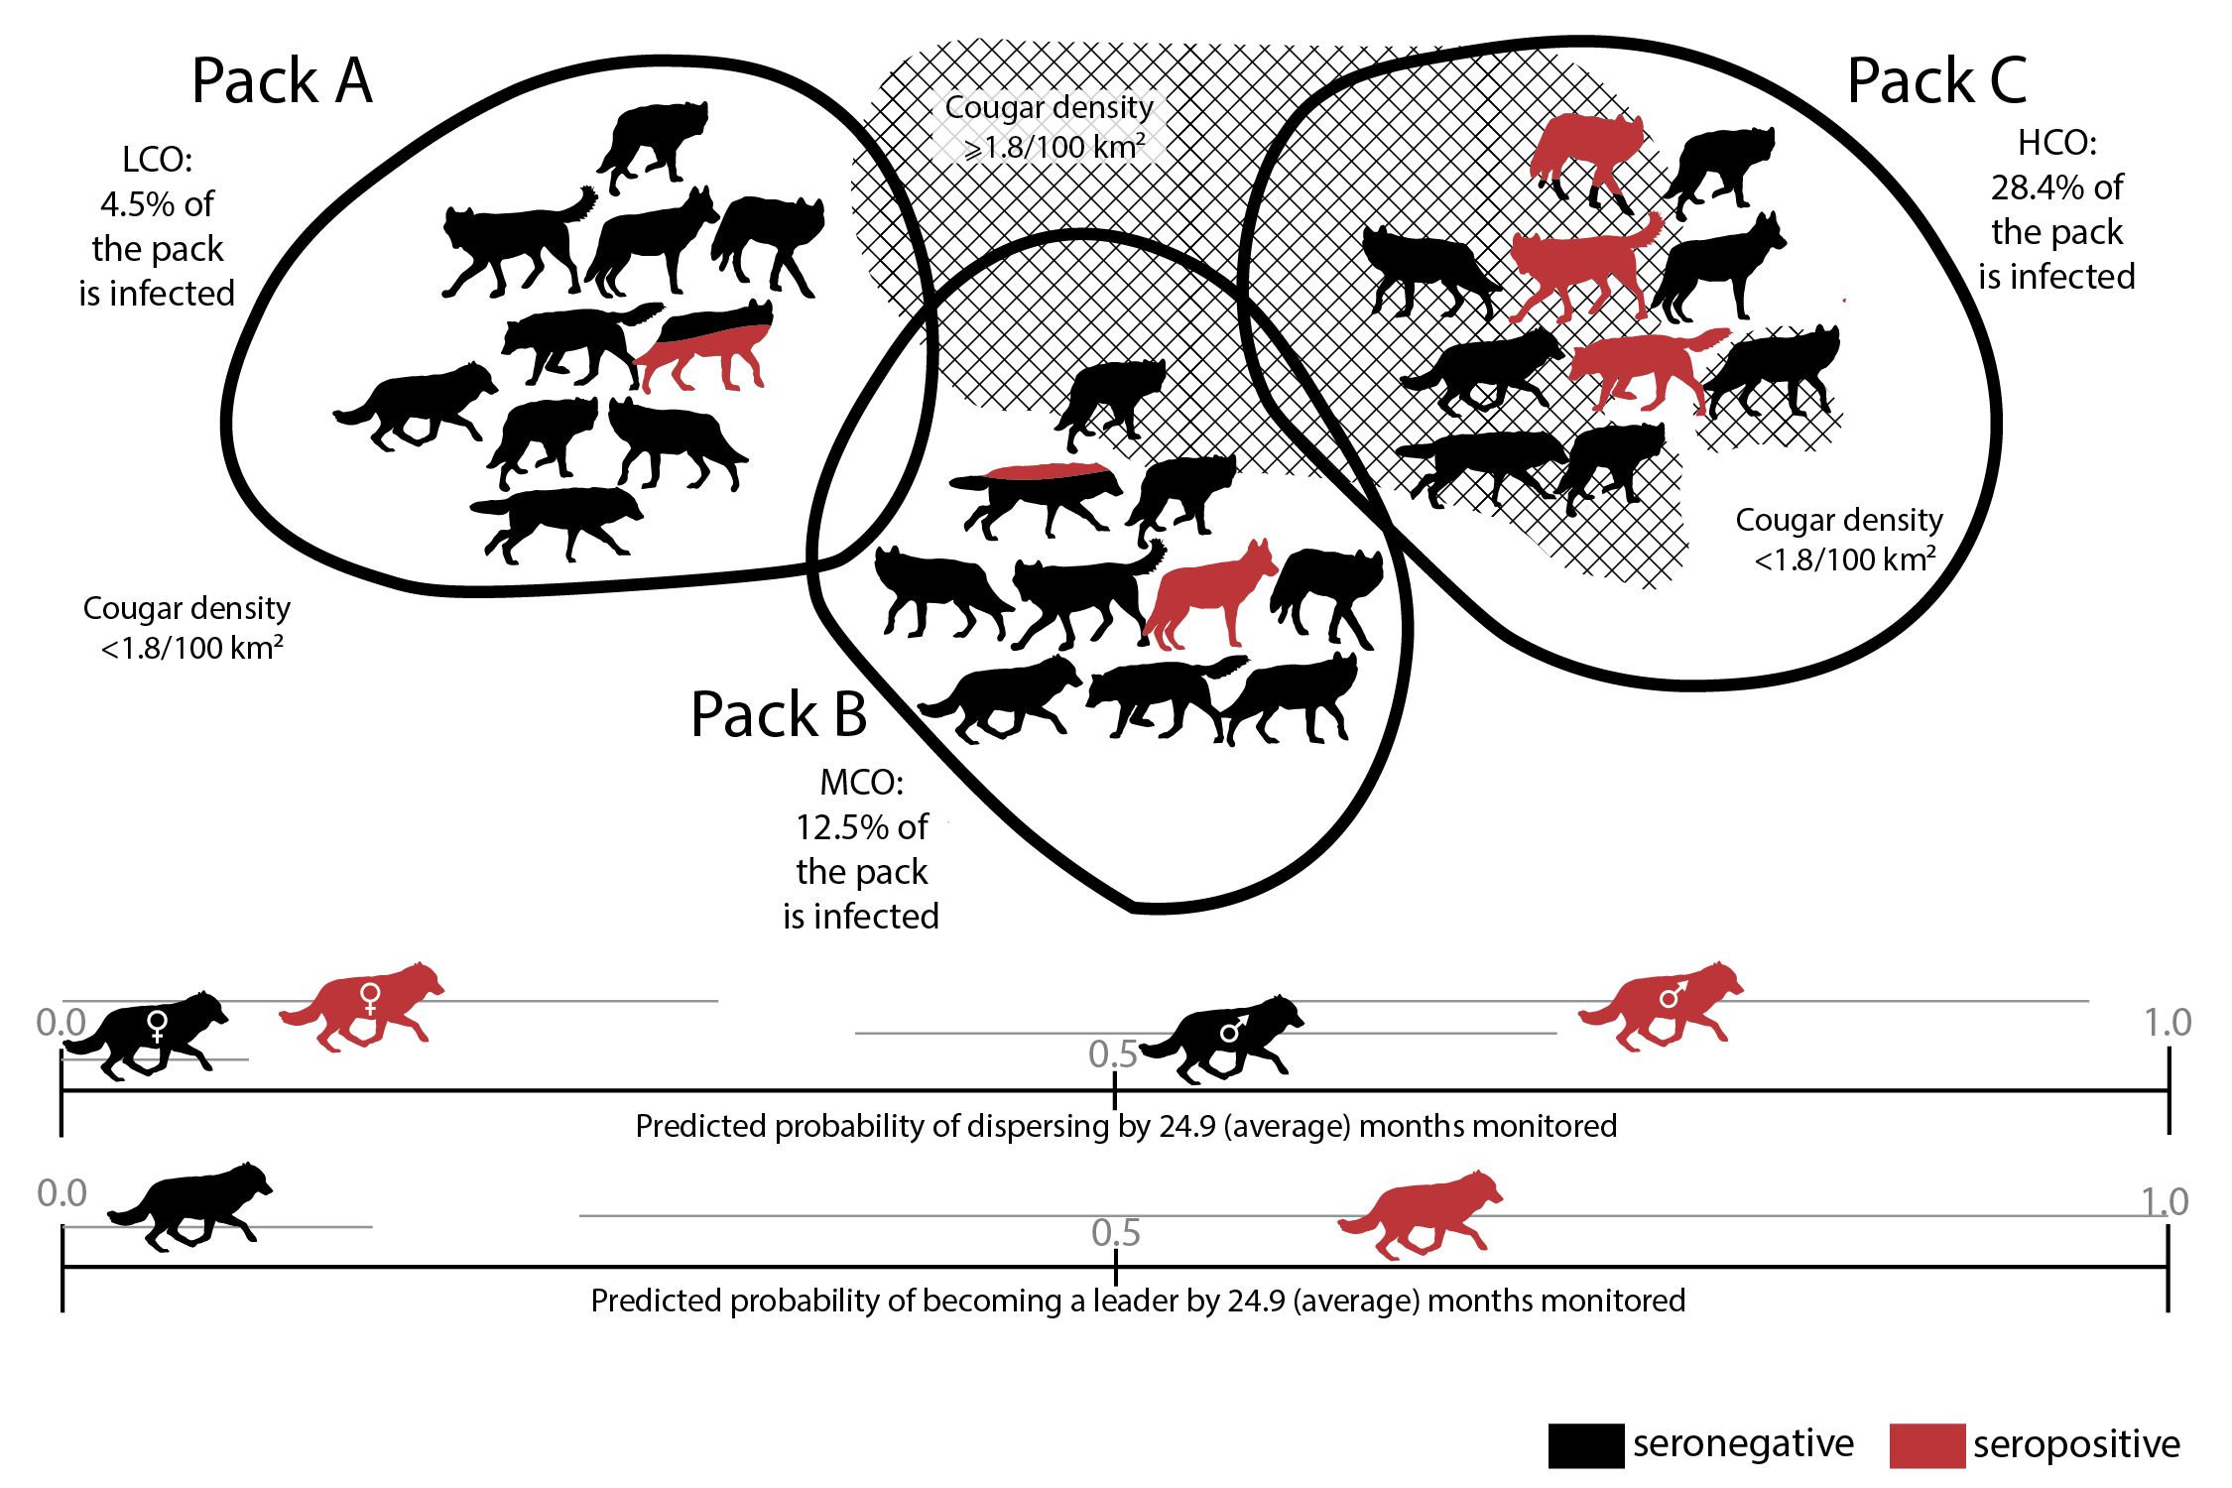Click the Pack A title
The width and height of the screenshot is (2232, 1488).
pyautogui.click(x=282, y=81)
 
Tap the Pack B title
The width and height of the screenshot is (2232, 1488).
pyautogui.click(x=779, y=715)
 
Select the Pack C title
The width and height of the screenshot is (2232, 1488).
pyautogui.click(x=1936, y=81)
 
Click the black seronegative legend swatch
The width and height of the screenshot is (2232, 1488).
pyautogui.click(x=1585, y=1445)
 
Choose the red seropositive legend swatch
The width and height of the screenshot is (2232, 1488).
pyautogui.click(x=1926, y=1445)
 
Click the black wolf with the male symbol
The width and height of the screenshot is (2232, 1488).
pyautogui.click(x=1226, y=1038)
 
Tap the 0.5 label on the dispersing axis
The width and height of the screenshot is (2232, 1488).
pyautogui.click(x=1112, y=1054)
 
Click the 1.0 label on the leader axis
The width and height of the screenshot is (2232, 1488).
pyautogui.click(x=2165, y=1202)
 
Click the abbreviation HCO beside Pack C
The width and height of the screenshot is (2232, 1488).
pyautogui.click(x=2056, y=144)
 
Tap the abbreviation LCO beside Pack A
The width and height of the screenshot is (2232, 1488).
pyautogui.click(x=157, y=160)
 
